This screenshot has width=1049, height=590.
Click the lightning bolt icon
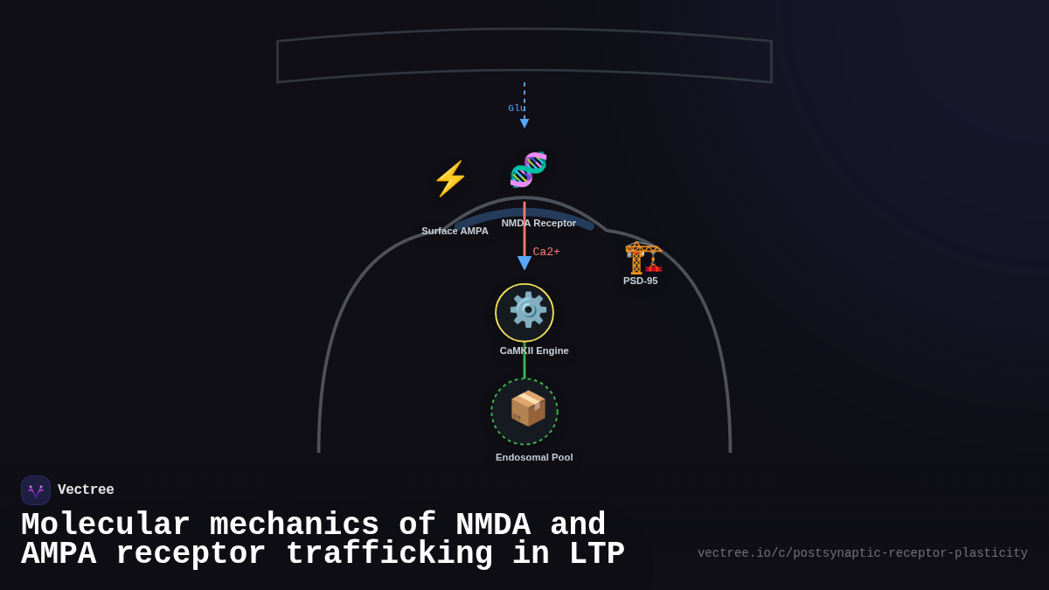[450, 178]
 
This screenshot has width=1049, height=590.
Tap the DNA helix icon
[528, 170]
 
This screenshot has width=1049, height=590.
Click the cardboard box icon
[527, 408]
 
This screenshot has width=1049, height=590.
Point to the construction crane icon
[643, 258]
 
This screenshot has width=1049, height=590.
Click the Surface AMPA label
[455, 231]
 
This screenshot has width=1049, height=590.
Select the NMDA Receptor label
[538, 223]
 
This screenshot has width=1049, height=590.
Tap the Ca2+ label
[546, 252]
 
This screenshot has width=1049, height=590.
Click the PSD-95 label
[640, 281]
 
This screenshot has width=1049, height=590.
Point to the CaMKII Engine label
[534, 351]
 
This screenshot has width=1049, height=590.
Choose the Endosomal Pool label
[534, 457]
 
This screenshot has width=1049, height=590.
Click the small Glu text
[516, 108]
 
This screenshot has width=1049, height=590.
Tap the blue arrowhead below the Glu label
[524, 123]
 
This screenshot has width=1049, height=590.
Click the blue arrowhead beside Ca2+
[524, 263]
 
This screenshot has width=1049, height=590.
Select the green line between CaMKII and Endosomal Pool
[524, 360]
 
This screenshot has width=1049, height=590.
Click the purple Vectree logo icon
[36, 490]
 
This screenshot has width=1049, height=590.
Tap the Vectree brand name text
[86, 490]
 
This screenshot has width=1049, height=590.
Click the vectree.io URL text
[862, 553]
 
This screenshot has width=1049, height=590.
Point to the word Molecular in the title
[106, 525]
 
